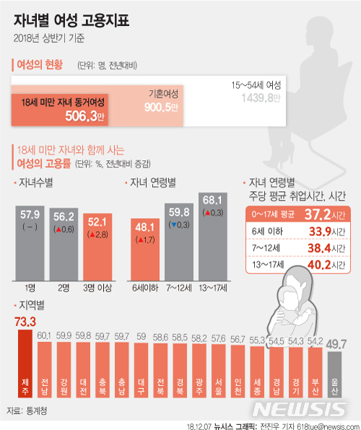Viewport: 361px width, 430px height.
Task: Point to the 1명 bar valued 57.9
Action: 30,242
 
